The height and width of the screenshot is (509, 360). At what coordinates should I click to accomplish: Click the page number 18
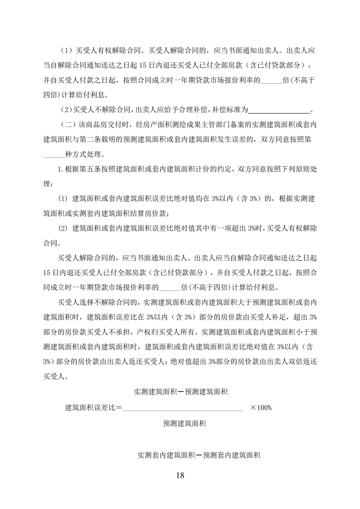(x=180, y=475)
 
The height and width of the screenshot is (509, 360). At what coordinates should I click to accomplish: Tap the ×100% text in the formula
(x=261, y=407)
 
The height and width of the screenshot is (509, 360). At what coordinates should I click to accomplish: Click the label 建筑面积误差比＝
(x=94, y=407)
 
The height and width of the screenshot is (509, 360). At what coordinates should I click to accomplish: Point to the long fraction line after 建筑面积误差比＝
(x=183, y=410)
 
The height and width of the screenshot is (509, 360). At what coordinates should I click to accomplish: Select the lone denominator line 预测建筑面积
(x=185, y=424)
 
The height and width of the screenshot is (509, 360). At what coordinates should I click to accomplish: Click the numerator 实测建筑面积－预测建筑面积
(x=184, y=391)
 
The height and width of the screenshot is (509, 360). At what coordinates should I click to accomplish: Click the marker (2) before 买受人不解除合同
(x=66, y=109)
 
